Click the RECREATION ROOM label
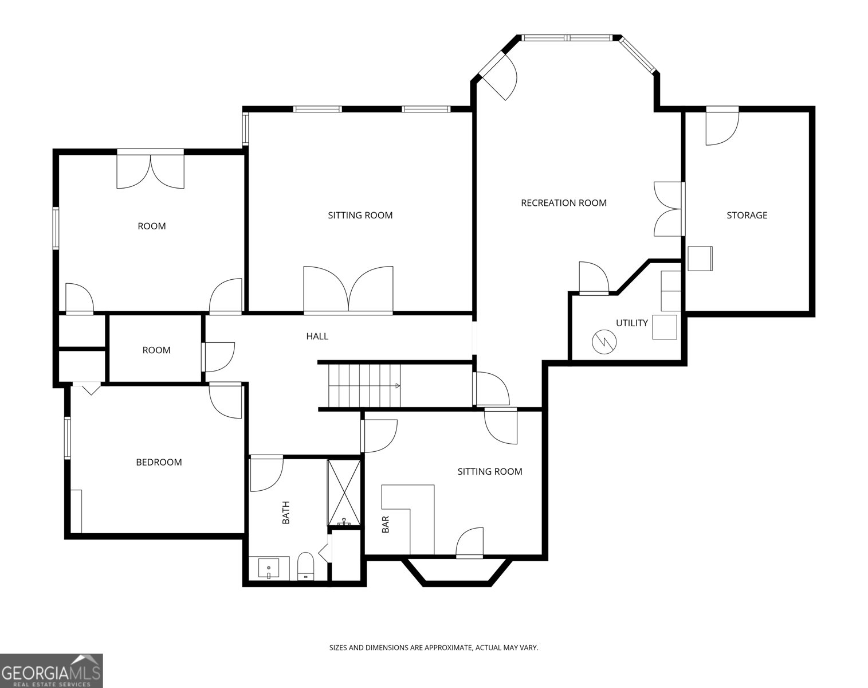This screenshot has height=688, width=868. coord(563,203)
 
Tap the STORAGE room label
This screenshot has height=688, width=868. coord(747,215)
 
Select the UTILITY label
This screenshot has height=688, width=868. coord(631,323)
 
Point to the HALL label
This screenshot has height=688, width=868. coord(317,336)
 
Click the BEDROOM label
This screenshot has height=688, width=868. coord(159,462)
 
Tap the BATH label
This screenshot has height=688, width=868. coord(286,513)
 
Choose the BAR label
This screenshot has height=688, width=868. coord(386,524)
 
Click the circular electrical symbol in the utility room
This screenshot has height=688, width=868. coord(604,342)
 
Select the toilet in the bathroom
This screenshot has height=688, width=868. coord(306,566)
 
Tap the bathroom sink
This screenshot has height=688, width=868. coord(269,568)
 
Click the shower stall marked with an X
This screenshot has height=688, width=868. coord(344,492)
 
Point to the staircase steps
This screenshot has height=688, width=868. coord(364,386)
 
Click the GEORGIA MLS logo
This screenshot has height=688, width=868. coord(51,671)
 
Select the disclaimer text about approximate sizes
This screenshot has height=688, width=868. coord(434,659)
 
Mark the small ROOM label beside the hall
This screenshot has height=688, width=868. coord(156,350)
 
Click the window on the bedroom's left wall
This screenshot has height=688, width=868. coord(68,437)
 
